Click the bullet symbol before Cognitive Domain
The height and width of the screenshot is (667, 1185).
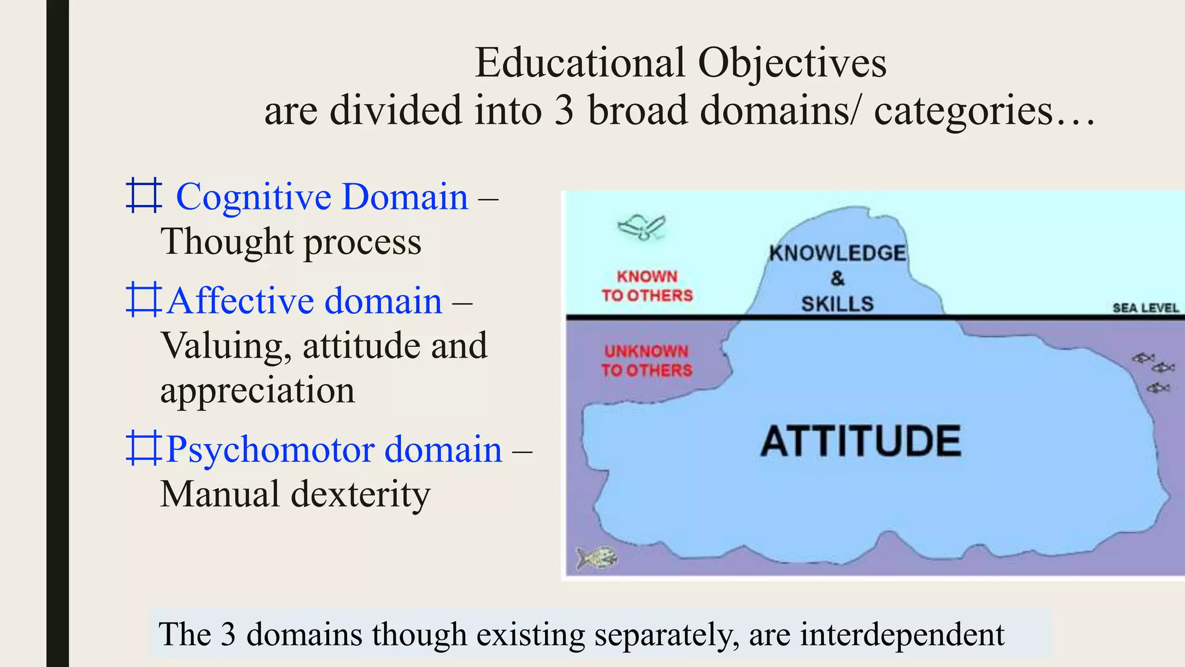143,196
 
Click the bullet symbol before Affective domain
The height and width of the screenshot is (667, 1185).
143,299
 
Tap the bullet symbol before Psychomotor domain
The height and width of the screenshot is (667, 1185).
143,448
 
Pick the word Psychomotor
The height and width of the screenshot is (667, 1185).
270,450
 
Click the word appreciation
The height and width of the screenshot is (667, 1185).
257,391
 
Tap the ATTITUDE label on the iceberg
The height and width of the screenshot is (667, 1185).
860,441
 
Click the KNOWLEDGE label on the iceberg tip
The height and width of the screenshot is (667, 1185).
837,253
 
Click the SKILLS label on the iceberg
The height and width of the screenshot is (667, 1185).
837,303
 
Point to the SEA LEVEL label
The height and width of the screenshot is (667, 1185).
1145,307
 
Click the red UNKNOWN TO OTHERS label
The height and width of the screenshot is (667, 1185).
646,361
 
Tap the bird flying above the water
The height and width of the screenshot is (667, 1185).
642,227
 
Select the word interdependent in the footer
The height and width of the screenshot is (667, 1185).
902,635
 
